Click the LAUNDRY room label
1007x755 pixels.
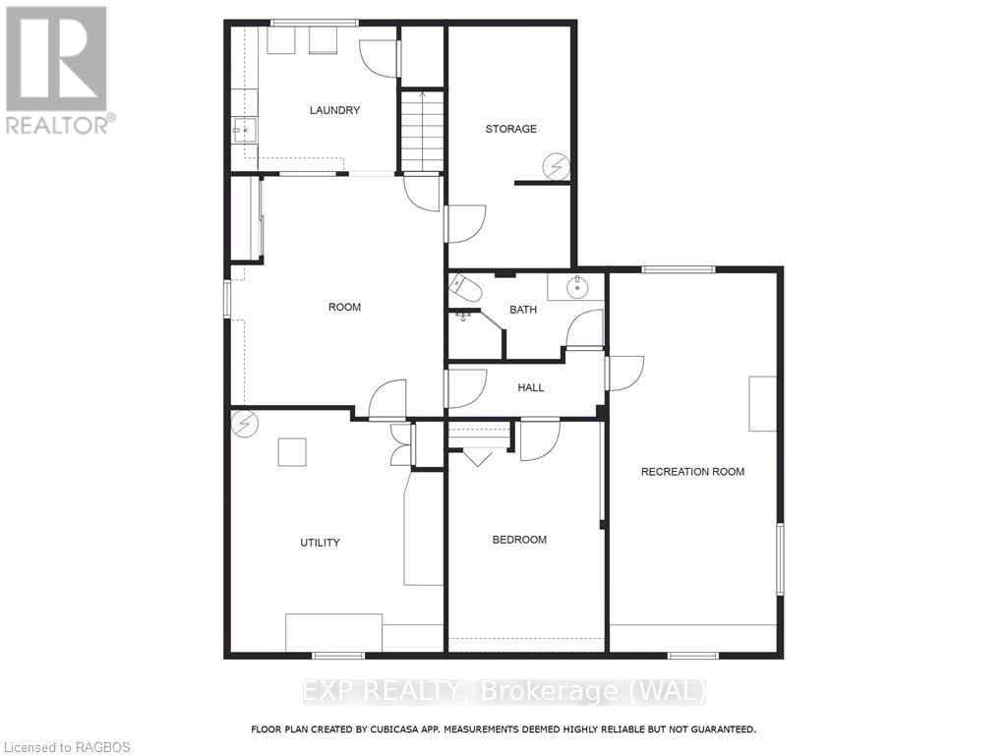[334, 110]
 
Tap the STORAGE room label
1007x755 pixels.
[510, 129]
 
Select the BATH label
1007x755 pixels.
[523, 310]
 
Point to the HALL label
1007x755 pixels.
[531, 387]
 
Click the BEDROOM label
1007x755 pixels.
[519, 540]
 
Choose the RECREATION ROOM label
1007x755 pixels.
[692, 472]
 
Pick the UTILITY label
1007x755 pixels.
[320, 543]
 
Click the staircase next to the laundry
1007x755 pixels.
[422, 131]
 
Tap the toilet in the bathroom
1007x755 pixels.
[464, 289]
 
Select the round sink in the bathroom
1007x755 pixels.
[576, 287]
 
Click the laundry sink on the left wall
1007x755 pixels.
[243, 129]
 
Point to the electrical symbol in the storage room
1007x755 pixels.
[558, 167]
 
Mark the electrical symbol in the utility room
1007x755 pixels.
[244, 424]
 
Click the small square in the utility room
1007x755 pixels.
[291, 452]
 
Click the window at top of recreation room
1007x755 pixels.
[679, 268]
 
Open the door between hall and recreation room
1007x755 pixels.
[623, 374]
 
